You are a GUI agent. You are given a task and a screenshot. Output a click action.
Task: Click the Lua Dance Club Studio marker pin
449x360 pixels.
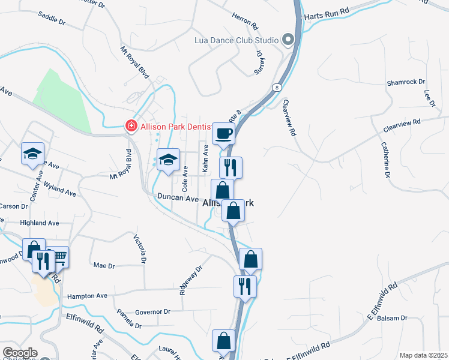click(x=288, y=40)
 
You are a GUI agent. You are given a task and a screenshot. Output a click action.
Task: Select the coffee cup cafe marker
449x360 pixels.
click(x=224, y=133)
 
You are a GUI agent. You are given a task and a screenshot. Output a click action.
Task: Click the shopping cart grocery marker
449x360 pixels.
click(x=59, y=257)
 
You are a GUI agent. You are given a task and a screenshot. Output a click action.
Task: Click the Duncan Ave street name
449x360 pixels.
click(x=178, y=198)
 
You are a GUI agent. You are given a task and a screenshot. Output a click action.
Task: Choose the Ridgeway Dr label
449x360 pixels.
click(x=188, y=281)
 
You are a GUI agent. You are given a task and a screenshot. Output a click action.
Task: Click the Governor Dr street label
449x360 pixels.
click(x=153, y=312)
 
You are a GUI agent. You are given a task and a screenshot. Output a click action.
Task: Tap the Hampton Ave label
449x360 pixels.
click(x=87, y=296)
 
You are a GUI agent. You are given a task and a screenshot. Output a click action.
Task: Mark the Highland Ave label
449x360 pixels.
click(x=40, y=223)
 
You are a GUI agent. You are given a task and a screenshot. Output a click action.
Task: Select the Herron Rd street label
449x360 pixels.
click(x=245, y=23)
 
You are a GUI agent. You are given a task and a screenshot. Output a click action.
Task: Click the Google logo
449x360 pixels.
click(x=20, y=353)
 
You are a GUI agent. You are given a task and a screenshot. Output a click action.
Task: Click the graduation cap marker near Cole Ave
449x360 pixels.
click(x=169, y=159)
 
